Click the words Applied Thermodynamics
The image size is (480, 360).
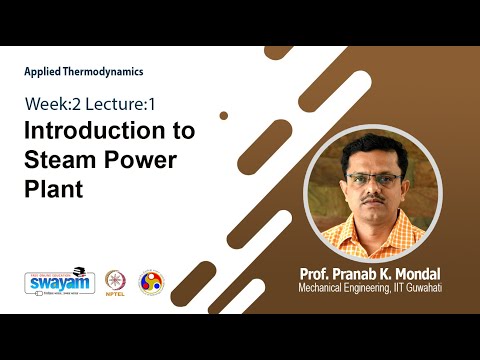click(84, 72)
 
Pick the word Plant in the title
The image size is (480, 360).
click(55, 187)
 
